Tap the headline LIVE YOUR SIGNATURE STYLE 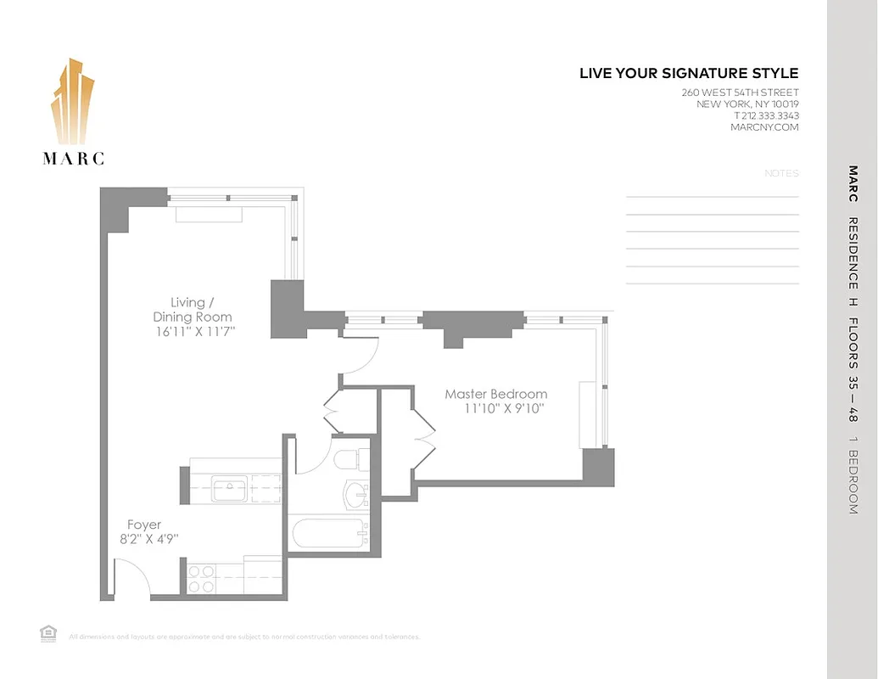point(689,74)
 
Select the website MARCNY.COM point(764,127)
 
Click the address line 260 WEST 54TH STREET point(740,93)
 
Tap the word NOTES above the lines point(781,173)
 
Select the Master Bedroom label point(496,394)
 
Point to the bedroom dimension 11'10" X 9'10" point(503,408)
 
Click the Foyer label point(144,525)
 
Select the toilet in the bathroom point(348,460)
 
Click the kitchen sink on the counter point(229,489)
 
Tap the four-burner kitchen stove point(201,578)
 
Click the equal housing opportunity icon point(48,632)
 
